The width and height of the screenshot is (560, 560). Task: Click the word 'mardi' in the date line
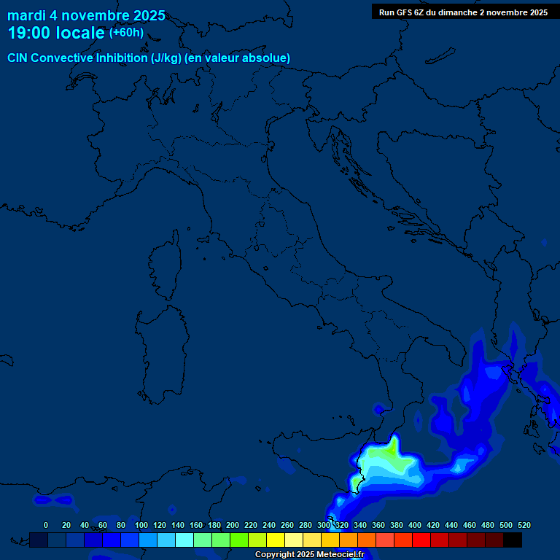click(x=26, y=16)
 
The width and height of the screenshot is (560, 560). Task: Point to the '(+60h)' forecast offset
click(x=126, y=33)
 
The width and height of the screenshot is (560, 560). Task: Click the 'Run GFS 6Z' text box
click(x=463, y=12)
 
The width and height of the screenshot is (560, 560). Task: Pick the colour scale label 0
click(x=46, y=525)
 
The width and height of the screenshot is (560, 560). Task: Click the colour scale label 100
click(x=141, y=525)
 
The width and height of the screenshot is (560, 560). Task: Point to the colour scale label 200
click(x=233, y=525)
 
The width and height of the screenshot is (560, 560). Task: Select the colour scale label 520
click(x=524, y=525)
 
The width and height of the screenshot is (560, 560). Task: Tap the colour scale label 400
click(x=414, y=525)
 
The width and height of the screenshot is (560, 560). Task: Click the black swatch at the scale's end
click(x=513, y=540)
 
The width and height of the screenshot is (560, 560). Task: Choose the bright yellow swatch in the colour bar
click(x=276, y=540)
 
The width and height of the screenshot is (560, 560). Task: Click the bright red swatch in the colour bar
click(x=421, y=540)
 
